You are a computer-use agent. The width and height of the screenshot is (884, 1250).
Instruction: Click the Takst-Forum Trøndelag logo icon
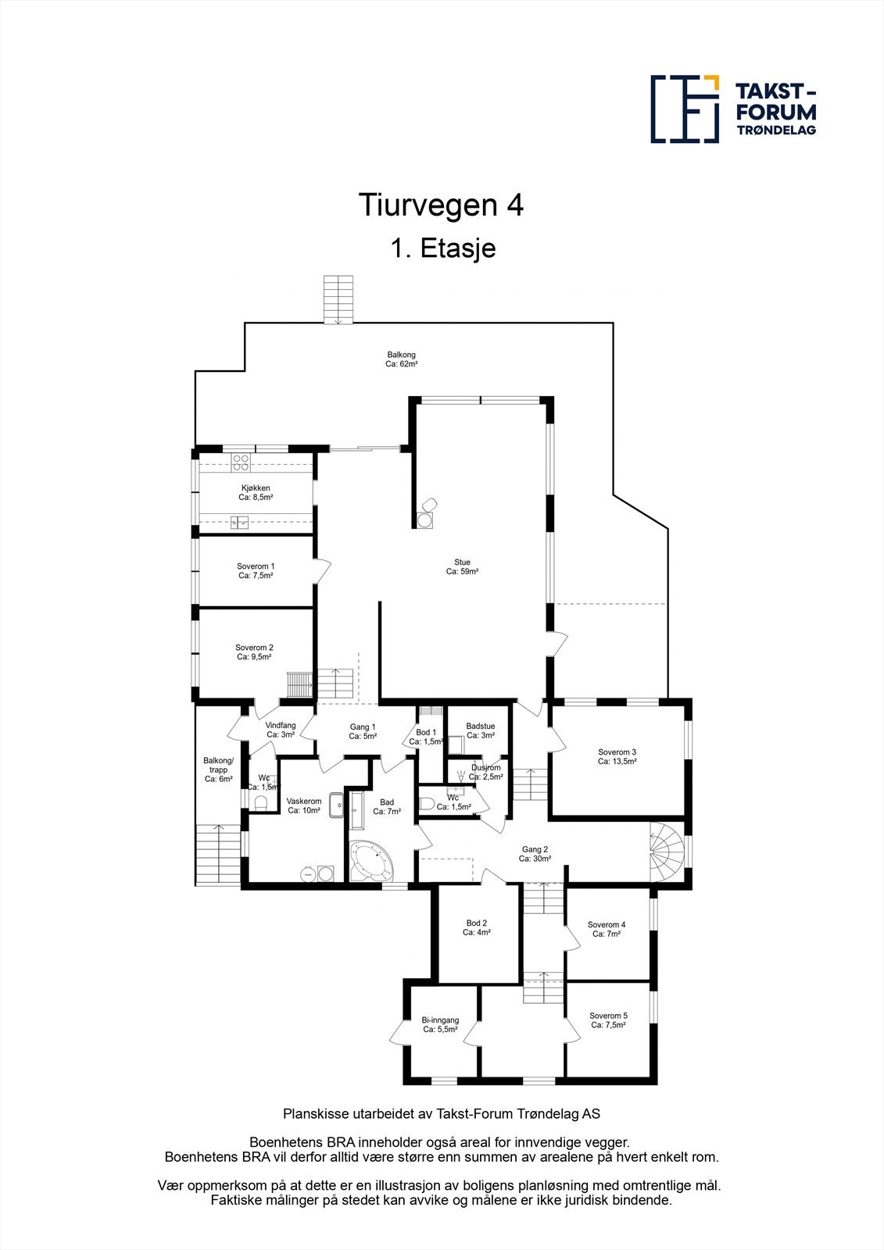point(685,109)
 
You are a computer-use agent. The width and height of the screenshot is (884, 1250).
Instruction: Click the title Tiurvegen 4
point(441,205)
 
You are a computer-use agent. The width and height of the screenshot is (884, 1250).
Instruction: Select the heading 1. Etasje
point(442,249)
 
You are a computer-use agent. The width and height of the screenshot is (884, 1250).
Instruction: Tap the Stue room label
point(462,562)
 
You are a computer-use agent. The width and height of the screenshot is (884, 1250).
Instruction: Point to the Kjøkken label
point(256,488)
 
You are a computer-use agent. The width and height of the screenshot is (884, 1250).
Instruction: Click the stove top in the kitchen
point(240,463)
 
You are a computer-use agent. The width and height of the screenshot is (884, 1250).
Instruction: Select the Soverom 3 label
point(617,752)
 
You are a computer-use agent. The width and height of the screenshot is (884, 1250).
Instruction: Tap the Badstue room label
point(480,727)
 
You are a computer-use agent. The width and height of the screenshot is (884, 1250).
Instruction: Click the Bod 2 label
point(476,923)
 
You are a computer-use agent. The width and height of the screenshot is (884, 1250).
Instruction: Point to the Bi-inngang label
point(440,1020)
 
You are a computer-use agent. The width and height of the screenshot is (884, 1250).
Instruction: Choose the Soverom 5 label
point(608,1016)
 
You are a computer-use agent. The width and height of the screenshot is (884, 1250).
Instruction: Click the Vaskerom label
point(304,802)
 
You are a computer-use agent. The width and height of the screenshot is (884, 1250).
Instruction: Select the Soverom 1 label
point(256,566)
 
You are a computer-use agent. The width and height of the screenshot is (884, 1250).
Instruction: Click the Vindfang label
point(280,726)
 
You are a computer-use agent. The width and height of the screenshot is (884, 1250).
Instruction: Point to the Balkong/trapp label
point(218,765)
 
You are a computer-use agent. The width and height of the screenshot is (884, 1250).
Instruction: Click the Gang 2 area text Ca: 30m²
point(535,859)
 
